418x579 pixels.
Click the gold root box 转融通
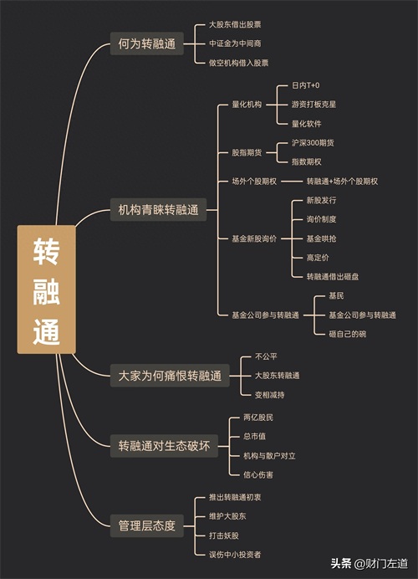pyautogui.click(x=47, y=289)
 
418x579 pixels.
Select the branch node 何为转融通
pyautogui.click(x=147, y=44)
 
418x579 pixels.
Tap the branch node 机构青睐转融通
pyautogui.click(x=158, y=210)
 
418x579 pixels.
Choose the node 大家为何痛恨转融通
pyautogui.click(x=170, y=376)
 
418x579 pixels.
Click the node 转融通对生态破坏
pyautogui.click(x=164, y=446)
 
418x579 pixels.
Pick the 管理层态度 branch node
pyautogui.click(x=147, y=525)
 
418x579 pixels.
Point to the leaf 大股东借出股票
pyautogui.click(x=235, y=25)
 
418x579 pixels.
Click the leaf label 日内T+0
pyautogui.click(x=305, y=85)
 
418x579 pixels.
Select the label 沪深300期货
pyautogui.click(x=313, y=143)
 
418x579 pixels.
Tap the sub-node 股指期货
pyautogui.click(x=247, y=152)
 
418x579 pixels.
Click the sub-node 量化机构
pyautogui.click(x=247, y=105)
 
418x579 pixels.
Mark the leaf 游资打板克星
pyautogui.click(x=314, y=105)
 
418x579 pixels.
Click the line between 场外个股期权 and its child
pyautogui.click(x=292, y=182)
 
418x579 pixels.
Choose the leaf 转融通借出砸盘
pyautogui.click(x=333, y=277)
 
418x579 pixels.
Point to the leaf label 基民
pyautogui.click(x=336, y=296)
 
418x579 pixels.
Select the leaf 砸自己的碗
pyautogui.click(x=348, y=334)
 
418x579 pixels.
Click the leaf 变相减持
pyautogui.click(x=270, y=395)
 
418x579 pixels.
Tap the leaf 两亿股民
pyautogui.click(x=258, y=418)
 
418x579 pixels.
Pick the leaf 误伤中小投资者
pyautogui.click(x=235, y=554)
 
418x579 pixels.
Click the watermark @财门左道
pyautogui.click(x=381, y=563)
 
